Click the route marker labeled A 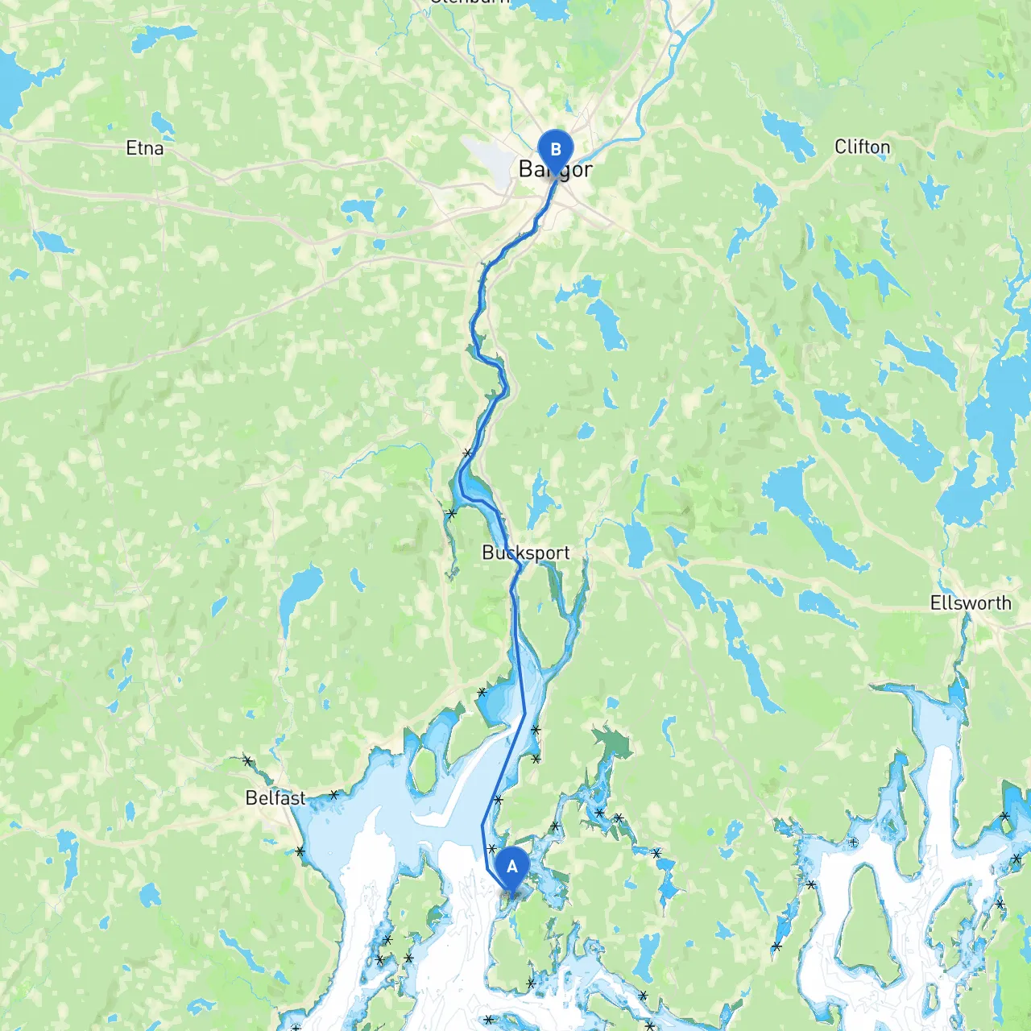[x=511, y=867]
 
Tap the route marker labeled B [x=555, y=150]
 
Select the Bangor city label [x=556, y=169]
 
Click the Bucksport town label [x=525, y=553]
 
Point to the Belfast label [x=275, y=798]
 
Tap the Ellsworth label [x=971, y=602]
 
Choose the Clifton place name [x=862, y=147]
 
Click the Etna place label [x=145, y=148]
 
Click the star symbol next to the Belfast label [x=333, y=795]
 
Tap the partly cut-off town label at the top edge [x=471, y=2]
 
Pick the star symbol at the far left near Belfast [x=247, y=760]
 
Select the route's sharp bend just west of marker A [x=483, y=826]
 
